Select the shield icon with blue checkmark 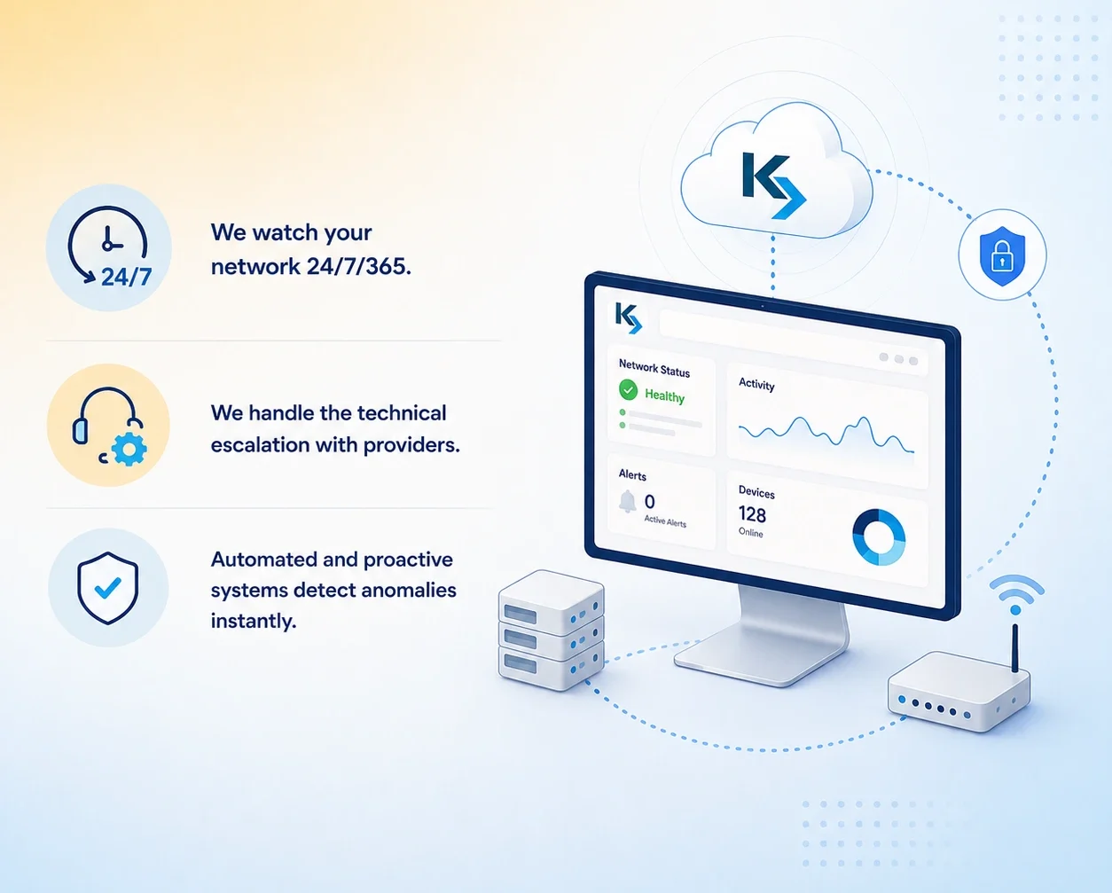coord(108,588)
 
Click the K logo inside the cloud coord(773,185)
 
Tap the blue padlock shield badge coord(1002,255)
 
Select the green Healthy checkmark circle coord(628,389)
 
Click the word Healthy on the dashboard coord(665,396)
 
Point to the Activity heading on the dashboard coord(756,384)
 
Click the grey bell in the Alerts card coord(627,501)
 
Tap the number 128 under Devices coord(752,514)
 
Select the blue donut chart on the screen coord(879,537)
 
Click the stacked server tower coord(552,631)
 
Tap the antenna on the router coord(1014,648)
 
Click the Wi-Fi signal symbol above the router coord(1016,594)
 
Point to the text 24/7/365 coord(359,267)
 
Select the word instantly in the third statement coord(254,621)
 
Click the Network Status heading coord(654,369)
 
